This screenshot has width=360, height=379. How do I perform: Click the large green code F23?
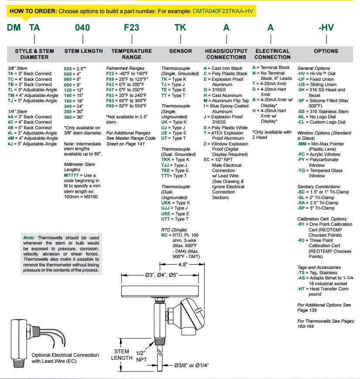click(131, 28)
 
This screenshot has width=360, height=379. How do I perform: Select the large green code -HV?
click(326, 28)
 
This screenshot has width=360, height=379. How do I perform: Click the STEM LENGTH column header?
click(83, 51)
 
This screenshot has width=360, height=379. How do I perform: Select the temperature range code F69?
click(110, 106)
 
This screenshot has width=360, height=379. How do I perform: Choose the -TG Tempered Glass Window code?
click(302, 171)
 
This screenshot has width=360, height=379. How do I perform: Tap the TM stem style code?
click(11, 95)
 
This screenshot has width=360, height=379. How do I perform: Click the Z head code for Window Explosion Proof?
click(205, 144)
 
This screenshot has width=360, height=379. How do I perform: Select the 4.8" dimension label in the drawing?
click(182, 264)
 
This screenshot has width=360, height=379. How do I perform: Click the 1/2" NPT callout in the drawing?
click(141, 356)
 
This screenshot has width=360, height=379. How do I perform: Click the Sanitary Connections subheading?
click(319, 187)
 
